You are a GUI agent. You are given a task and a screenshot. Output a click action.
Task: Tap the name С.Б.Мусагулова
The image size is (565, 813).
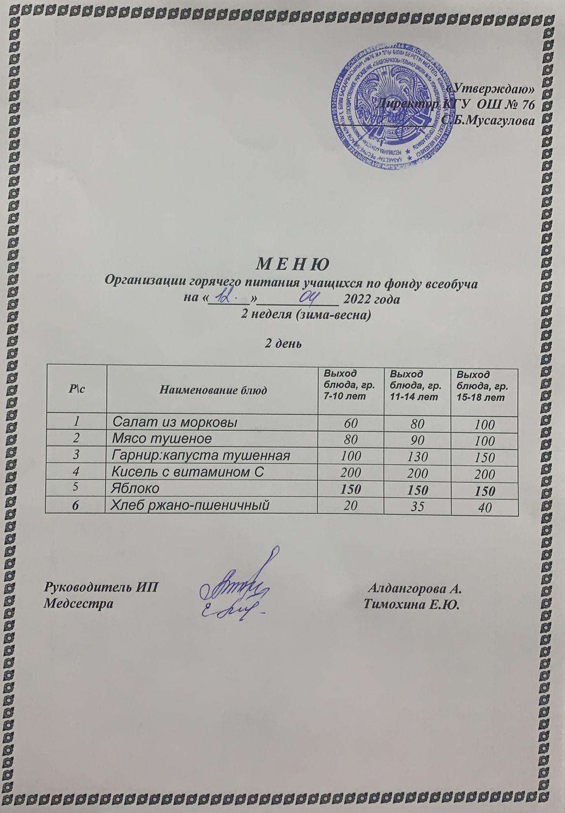pyautogui.click(x=488, y=120)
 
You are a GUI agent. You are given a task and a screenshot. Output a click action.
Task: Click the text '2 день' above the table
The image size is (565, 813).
pyautogui.click(x=282, y=344)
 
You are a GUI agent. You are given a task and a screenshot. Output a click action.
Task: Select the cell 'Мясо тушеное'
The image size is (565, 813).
pyautogui.click(x=162, y=438)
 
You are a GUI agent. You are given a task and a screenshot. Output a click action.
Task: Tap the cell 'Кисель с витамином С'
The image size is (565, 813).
pyautogui.click(x=188, y=472)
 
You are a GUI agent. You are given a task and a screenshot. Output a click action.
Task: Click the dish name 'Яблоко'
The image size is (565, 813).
pyautogui.click(x=135, y=488)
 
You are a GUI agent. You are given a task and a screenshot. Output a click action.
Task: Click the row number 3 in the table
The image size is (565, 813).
pyautogui.click(x=76, y=455)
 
